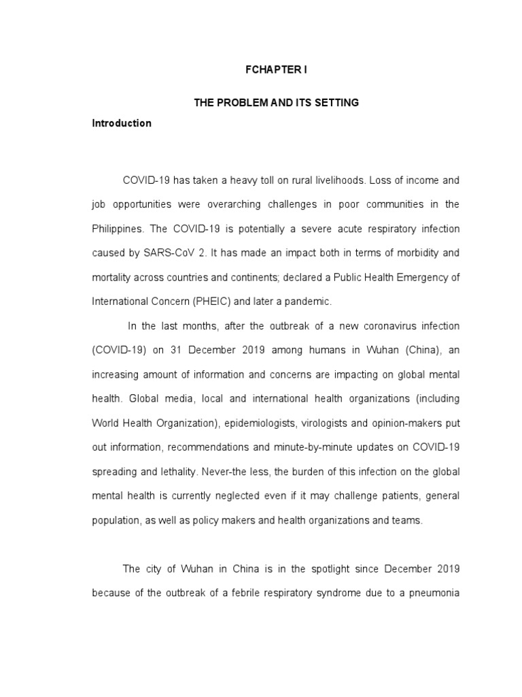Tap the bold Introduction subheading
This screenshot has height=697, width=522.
[x=122, y=124]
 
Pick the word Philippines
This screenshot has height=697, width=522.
[x=117, y=228]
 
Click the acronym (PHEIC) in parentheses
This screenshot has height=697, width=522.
[x=209, y=300]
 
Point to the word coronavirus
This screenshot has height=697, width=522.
[x=372, y=327]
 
